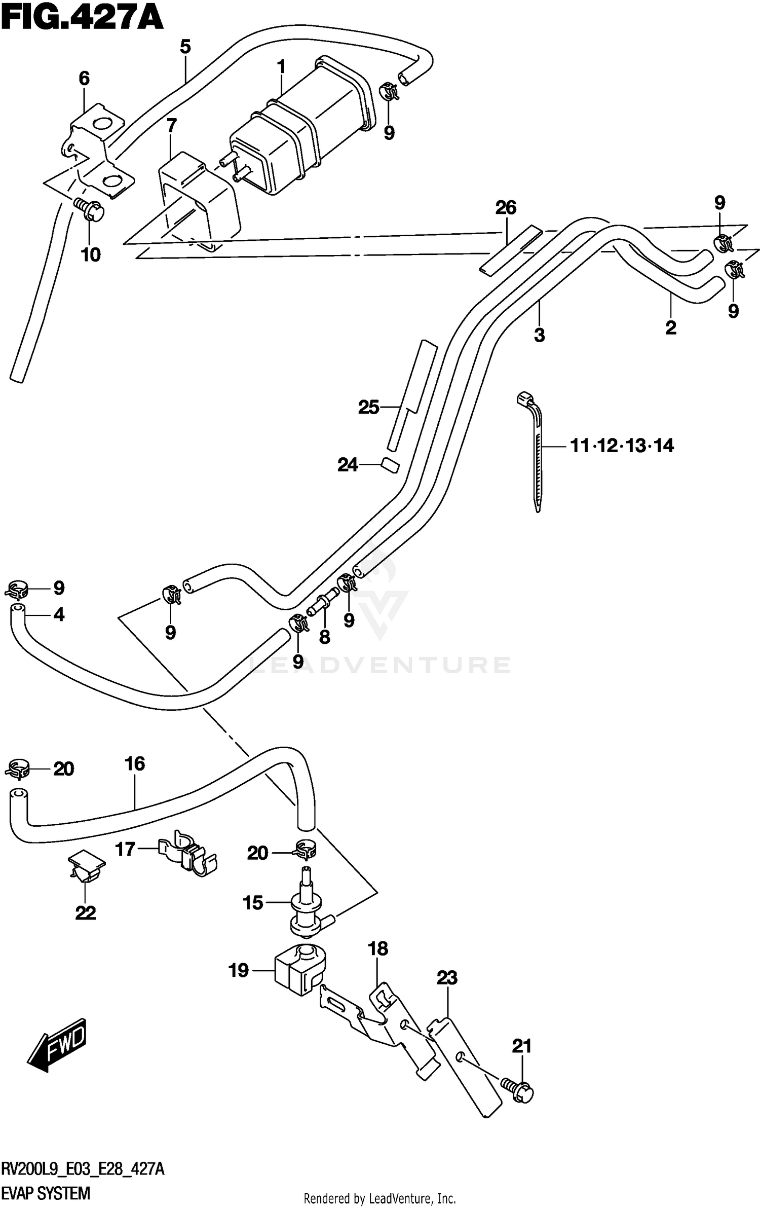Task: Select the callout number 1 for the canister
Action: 281,67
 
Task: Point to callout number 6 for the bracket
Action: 84,79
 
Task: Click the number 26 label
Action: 506,207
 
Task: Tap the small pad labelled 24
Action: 391,464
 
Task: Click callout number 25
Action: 368,407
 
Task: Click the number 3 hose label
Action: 539,335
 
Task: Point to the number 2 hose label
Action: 670,328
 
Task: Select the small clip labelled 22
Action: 85,866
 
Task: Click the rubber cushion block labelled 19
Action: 299,970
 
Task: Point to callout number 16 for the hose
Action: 135,763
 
